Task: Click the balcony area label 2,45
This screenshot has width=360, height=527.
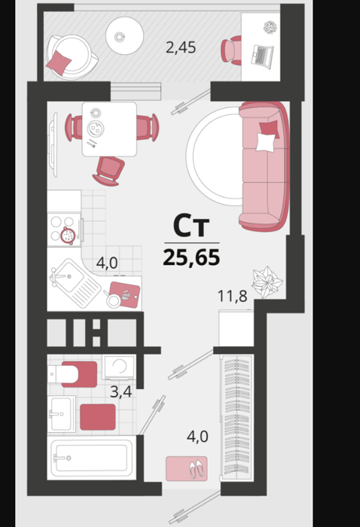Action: point(181,47)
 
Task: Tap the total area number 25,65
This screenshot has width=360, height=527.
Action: point(191,258)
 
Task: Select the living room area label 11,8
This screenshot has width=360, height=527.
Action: point(232,296)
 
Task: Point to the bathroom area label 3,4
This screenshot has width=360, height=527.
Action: point(121,392)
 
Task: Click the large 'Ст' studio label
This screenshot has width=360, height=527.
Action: point(191,225)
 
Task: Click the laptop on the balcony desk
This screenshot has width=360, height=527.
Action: point(263,56)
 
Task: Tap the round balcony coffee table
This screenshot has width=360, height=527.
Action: point(125,35)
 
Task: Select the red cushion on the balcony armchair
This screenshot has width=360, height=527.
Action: point(59,62)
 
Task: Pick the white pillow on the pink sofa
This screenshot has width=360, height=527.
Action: point(266,142)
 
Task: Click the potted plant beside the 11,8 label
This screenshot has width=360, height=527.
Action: point(267,282)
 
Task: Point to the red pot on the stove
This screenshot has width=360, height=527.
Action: point(68,235)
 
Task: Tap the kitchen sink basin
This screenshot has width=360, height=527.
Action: point(69,276)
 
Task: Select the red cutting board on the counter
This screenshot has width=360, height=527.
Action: point(125,295)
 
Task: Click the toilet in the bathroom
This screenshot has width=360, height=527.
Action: point(72,374)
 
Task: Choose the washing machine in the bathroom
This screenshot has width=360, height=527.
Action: point(119,367)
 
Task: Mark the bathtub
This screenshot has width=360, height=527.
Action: point(91,458)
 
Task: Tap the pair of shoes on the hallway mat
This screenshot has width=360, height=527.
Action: point(196,469)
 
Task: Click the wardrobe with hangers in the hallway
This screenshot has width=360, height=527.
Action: point(237,417)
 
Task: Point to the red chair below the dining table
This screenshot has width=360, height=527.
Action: point(108,171)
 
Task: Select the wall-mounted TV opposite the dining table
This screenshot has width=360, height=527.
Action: point(53,145)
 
